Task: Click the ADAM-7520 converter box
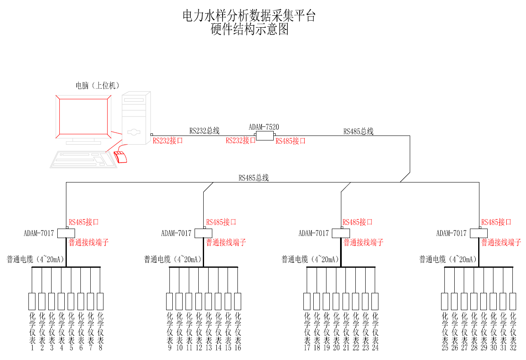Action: pos(265,136)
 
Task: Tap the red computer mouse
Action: pos(120,157)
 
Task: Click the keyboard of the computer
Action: pos(82,159)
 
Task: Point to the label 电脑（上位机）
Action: pos(98,86)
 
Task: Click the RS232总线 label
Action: pos(204,131)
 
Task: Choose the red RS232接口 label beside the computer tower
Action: pos(168,141)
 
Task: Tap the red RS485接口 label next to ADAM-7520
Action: pos(291,141)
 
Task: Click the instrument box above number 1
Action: pos(32,301)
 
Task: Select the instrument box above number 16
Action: pos(237,301)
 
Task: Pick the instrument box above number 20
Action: pos(336,301)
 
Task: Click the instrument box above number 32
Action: pos(513,301)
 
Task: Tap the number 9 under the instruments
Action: pos(169,348)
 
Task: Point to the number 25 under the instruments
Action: pos(445,348)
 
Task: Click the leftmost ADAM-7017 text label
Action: pos(39,233)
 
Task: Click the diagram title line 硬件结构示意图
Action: pos(249,30)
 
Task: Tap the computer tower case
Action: pos(135,119)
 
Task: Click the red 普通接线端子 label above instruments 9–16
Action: pos(226,243)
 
